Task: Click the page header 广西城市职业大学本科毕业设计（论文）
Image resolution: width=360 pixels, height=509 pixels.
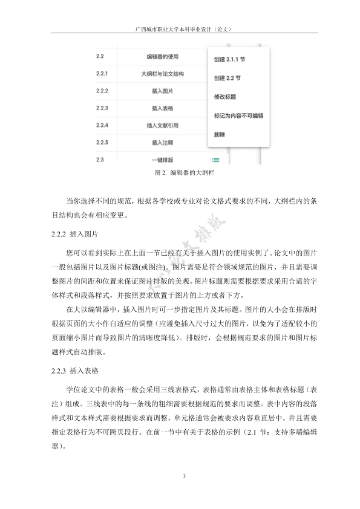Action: pyautogui.click(x=180, y=28)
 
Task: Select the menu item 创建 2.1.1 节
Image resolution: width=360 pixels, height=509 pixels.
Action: pyautogui.click(x=231, y=60)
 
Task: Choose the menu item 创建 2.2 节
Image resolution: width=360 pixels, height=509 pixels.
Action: pyautogui.click(x=227, y=78)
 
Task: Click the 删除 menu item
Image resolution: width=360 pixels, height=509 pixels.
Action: pyautogui.click(x=220, y=134)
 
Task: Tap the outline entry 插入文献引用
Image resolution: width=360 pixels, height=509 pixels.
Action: pyautogui.click(x=162, y=126)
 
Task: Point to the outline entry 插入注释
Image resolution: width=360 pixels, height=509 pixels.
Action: pyautogui.click(x=162, y=143)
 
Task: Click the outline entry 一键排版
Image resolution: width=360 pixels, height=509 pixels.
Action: pyautogui.click(x=162, y=160)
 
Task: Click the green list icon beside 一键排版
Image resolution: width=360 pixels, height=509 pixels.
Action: pyautogui.click(x=216, y=160)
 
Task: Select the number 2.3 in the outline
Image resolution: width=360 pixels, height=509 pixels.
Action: pyautogui.click(x=100, y=160)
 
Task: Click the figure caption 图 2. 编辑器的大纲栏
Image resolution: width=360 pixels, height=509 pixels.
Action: pyautogui.click(x=180, y=173)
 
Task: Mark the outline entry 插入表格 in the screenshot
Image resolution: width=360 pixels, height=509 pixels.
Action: pyautogui.click(x=162, y=108)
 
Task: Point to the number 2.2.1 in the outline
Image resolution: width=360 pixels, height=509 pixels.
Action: pyautogui.click(x=102, y=74)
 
